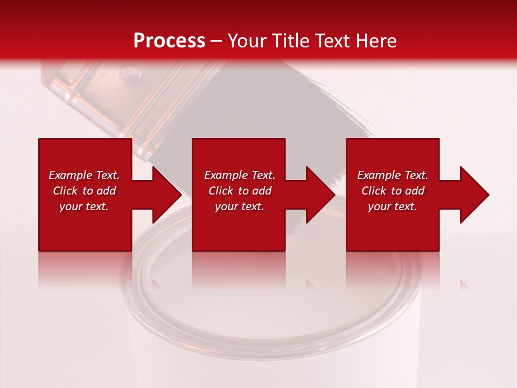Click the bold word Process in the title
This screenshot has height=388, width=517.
[x=169, y=41]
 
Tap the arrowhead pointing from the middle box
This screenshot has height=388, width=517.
[x=319, y=195]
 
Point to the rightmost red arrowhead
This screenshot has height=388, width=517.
[x=473, y=195]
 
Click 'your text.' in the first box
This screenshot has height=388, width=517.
[x=84, y=206]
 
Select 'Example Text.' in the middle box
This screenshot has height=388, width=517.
[x=240, y=175]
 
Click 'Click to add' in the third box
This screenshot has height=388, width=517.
[x=393, y=191]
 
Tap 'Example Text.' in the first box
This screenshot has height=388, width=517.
[x=84, y=175]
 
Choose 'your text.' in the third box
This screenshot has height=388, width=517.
[x=393, y=206]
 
